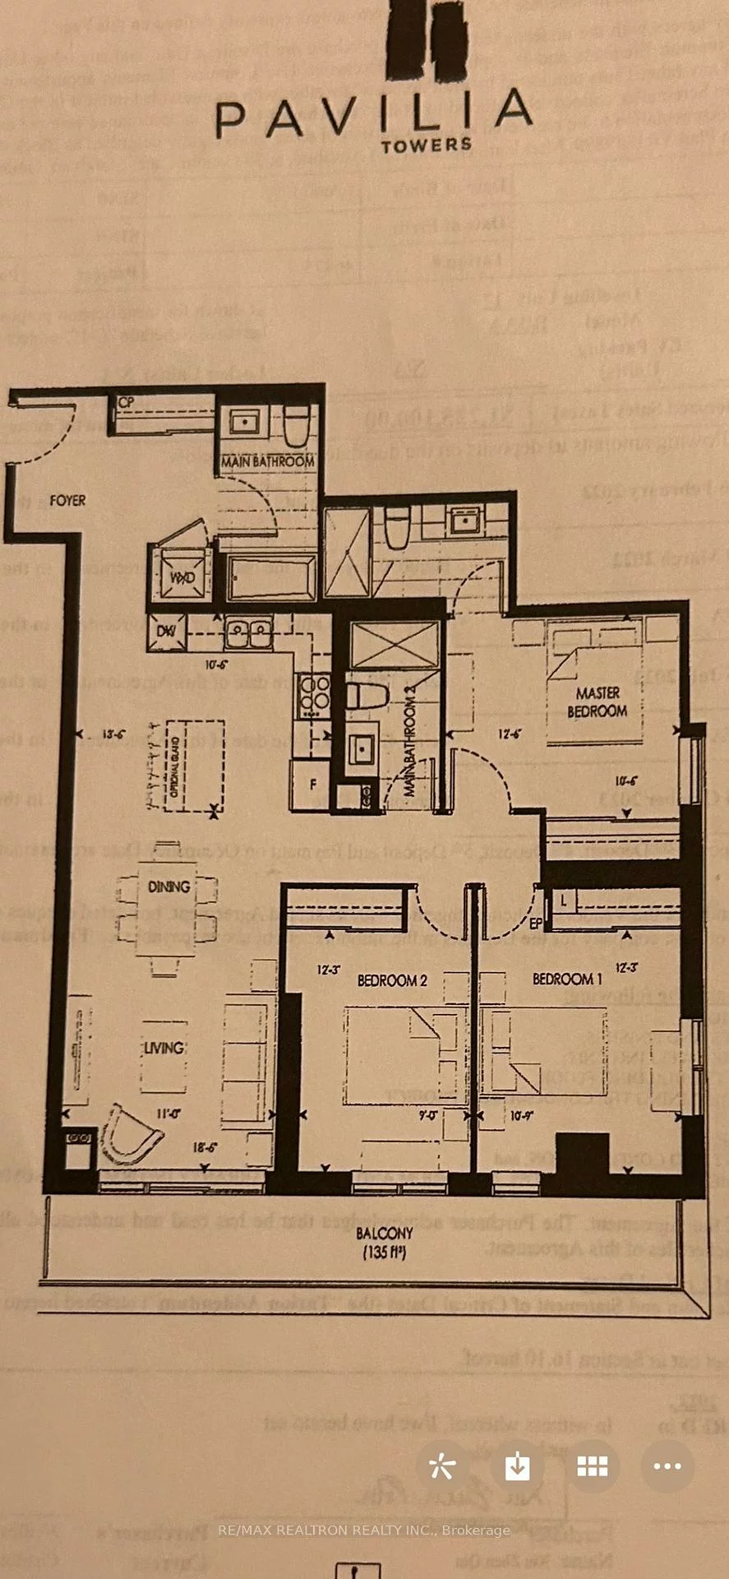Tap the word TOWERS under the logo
coord(426,145)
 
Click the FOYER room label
coord(67,500)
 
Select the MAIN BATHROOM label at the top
coord(267,461)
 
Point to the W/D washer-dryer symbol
coord(182,576)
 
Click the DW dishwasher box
coord(166,631)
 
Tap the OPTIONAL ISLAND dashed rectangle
coord(194,765)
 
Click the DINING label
coord(168,887)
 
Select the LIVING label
coord(164,1048)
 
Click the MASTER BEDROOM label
coord(598,702)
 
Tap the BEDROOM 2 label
coord(392,980)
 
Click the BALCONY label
coord(385,1234)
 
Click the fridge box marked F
coord(311,785)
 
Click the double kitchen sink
coord(248,633)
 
